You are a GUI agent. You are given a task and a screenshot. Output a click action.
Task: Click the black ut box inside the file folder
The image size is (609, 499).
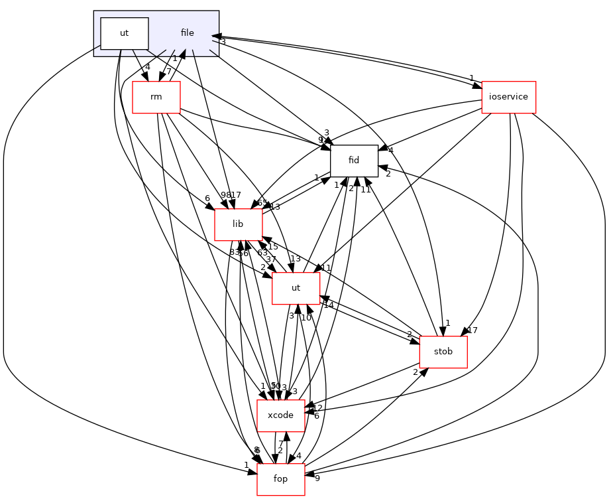point(124,33)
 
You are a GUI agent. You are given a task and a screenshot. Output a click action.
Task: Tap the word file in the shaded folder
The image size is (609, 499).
point(187,33)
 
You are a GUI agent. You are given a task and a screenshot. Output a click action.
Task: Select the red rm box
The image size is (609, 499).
point(156,97)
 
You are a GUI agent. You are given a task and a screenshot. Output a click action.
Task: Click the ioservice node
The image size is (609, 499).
point(508,97)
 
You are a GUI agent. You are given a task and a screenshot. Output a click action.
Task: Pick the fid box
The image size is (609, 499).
point(354,161)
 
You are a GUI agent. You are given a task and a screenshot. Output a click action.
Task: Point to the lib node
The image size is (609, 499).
point(238,224)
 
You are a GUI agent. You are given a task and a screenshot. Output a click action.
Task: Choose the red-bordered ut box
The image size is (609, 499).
point(296,288)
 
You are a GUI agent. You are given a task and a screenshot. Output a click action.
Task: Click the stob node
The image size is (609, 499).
point(443,352)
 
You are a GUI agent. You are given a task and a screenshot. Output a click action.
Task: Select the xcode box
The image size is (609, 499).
point(280,415)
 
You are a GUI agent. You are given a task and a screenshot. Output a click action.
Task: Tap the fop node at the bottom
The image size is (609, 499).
point(280,479)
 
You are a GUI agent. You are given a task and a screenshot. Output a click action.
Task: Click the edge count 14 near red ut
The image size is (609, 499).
point(328,306)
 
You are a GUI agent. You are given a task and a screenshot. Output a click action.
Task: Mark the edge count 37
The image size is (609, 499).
point(270,259)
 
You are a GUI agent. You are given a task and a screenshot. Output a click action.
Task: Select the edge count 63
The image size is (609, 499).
point(262,253)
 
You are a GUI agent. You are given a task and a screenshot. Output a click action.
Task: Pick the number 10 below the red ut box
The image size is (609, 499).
point(305,318)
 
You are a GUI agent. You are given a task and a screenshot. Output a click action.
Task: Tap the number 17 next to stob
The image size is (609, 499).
point(472,330)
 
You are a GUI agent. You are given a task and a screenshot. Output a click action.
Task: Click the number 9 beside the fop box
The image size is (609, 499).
point(317,478)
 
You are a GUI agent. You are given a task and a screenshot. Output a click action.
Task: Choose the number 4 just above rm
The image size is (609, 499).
point(147,67)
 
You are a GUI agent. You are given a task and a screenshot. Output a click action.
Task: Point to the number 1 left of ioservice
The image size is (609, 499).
point(471,78)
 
